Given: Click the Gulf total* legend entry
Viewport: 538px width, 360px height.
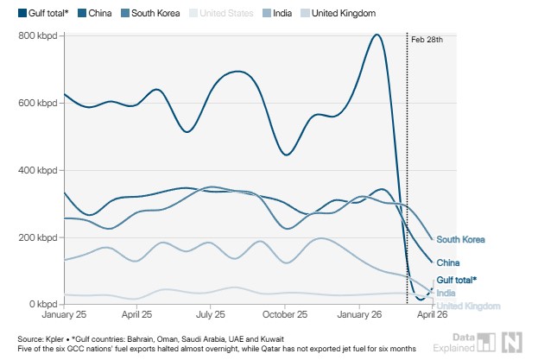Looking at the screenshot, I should [x=41, y=14].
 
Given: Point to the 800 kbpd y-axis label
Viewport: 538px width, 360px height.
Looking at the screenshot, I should [x=40, y=35].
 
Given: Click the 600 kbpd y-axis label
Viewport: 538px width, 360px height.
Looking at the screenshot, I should [x=40, y=103].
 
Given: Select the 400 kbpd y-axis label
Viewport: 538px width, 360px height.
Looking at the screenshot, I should [x=40, y=170].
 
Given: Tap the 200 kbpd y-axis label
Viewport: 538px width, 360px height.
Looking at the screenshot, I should [x=40, y=237].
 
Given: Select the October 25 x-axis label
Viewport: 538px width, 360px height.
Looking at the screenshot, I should [x=285, y=316].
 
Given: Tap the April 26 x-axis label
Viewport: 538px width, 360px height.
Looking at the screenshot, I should [x=431, y=316].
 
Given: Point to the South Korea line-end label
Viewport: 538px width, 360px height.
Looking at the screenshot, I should [x=460, y=240].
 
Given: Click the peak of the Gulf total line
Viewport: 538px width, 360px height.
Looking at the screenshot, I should [x=377, y=35].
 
